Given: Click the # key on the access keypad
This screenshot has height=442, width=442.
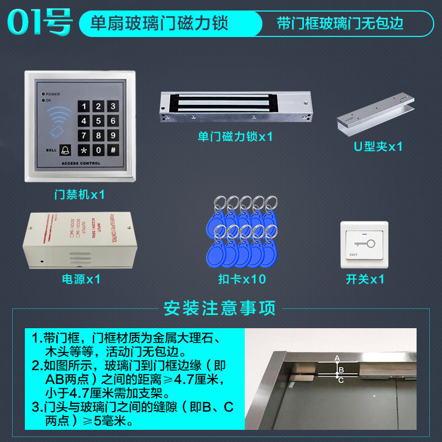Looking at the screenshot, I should (x=112, y=150).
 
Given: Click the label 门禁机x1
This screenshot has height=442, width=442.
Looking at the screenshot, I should (x=79, y=194).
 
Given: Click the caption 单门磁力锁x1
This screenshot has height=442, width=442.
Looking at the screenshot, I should (x=235, y=136).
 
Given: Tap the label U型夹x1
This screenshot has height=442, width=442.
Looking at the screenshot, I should (x=378, y=147).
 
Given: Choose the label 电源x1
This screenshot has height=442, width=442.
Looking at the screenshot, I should (x=81, y=279).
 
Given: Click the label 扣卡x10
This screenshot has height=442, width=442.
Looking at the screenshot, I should (x=241, y=279).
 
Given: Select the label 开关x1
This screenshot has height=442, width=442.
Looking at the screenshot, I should (x=365, y=279).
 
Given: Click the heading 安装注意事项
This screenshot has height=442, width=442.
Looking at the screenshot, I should (x=219, y=308).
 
